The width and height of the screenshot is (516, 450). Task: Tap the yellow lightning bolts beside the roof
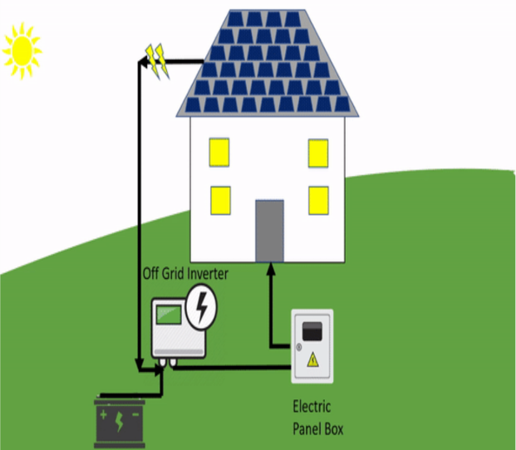(x=157, y=61)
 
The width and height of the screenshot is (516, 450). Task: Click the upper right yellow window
(x=318, y=152)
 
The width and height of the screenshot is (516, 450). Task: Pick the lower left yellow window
(x=219, y=198)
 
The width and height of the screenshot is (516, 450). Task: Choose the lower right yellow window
(x=318, y=199)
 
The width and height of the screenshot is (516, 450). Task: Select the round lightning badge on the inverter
(x=200, y=306)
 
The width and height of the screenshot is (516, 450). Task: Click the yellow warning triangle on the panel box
(x=312, y=360)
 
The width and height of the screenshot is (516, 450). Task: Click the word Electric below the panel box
(x=312, y=407)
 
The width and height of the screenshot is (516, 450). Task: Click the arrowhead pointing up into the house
(x=269, y=268)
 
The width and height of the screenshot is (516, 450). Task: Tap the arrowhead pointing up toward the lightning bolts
(x=140, y=62)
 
